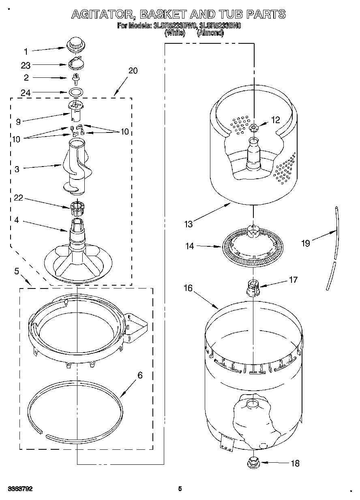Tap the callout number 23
(25, 65)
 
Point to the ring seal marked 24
(75, 92)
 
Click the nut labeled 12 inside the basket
(254, 128)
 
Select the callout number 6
(140, 375)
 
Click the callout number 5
(17, 271)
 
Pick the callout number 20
(133, 71)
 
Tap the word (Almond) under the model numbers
(210, 33)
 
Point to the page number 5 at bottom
(180, 489)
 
